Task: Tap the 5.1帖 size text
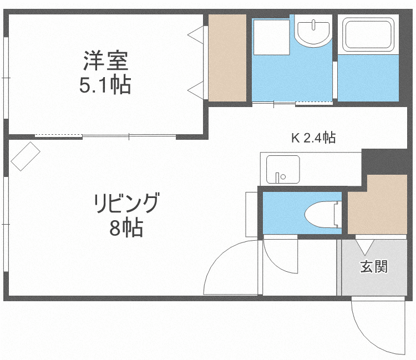point(105,85)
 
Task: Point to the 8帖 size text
point(126,227)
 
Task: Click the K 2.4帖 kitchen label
point(313,138)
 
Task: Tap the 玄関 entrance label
point(374,267)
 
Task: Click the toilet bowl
point(322,214)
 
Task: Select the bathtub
point(369,34)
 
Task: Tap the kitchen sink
point(282,169)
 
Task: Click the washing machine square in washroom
point(271,37)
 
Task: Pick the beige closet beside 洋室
point(227,58)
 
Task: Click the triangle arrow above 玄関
point(365,245)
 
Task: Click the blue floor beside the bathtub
point(368,78)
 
